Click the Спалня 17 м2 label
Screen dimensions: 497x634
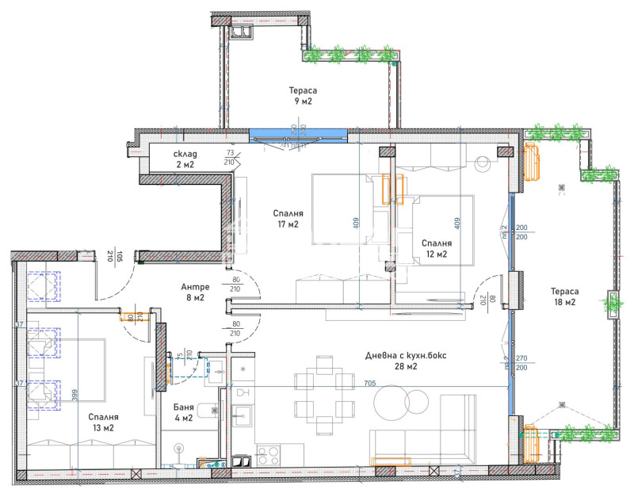click(287, 219)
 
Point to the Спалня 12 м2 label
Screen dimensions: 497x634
click(434, 249)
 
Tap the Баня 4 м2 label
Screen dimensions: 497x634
click(183, 412)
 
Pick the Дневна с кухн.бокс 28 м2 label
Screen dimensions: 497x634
click(402, 361)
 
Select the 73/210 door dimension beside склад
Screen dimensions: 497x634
click(231, 156)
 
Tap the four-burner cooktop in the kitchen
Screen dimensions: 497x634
click(266, 457)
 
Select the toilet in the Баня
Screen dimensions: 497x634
click(204, 410)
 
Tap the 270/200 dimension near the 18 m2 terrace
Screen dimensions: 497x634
click(522, 363)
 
